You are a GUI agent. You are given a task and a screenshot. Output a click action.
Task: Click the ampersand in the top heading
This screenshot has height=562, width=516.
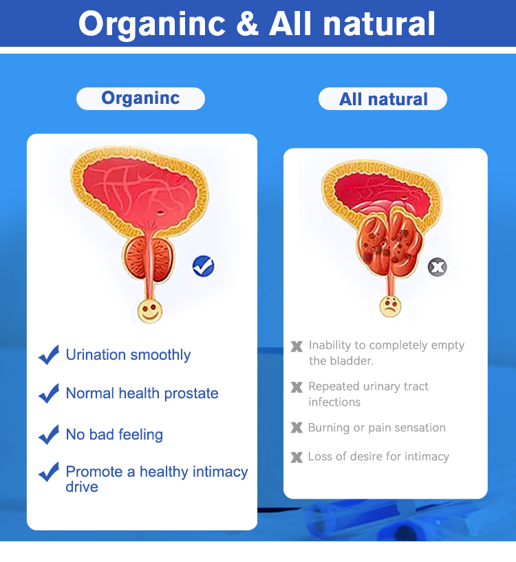pyautogui.click(x=247, y=24)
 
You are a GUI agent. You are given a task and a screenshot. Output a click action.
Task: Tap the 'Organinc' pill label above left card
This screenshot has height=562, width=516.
pyautogui.click(x=140, y=98)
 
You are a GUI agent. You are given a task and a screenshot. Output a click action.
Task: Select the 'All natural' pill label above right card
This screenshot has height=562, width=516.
pyautogui.click(x=383, y=99)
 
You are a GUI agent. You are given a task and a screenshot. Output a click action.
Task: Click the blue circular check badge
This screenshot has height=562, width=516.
pyautogui.click(x=203, y=266)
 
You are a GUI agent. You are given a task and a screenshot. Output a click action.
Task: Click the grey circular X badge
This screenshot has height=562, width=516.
pyautogui.click(x=437, y=267)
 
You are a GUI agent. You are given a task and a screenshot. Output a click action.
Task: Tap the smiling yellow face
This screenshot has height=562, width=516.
pyautogui.click(x=149, y=311)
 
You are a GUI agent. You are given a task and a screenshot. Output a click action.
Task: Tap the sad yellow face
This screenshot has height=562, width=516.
pyautogui.click(x=390, y=305)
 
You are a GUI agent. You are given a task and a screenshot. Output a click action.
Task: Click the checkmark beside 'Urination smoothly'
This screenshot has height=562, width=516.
pyautogui.click(x=49, y=355)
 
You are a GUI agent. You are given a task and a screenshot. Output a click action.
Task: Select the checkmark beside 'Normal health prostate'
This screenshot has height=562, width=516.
pyautogui.click(x=49, y=393)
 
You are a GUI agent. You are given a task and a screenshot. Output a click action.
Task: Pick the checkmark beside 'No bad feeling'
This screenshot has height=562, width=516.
pyautogui.click(x=49, y=435)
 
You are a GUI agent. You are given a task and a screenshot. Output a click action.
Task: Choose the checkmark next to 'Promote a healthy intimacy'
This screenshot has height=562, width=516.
pyautogui.click(x=49, y=473)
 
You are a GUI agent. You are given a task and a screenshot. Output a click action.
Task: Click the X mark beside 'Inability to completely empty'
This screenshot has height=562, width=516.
pyautogui.click(x=297, y=346)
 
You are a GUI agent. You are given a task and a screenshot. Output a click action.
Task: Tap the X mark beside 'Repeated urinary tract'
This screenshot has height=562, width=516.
pyautogui.click(x=297, y=387)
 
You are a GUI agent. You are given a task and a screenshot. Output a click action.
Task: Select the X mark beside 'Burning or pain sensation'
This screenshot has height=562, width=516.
pyautogui.click(x=297, y=428)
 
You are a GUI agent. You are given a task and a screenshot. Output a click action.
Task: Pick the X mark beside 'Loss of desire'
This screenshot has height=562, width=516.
pyautogui.click(x=297, y=457)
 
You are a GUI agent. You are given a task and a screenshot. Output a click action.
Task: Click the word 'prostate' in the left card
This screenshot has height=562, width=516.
pyautogui.click(x=193, y=393)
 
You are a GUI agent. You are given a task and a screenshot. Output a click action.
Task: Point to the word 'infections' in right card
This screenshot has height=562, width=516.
pyautogui.click(x=334, y=402)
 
